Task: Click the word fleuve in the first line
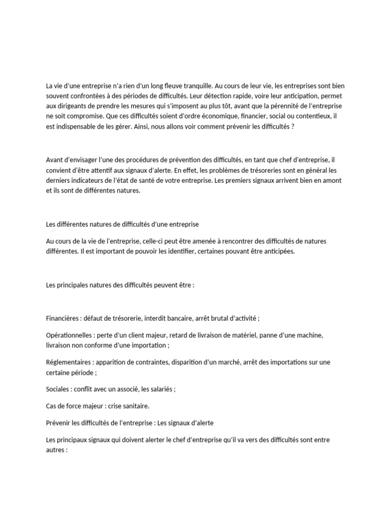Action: coord(184,86)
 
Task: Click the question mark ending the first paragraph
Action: coord(293,126)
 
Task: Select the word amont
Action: coord(330,180)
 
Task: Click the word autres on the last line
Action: coord(56,449)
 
